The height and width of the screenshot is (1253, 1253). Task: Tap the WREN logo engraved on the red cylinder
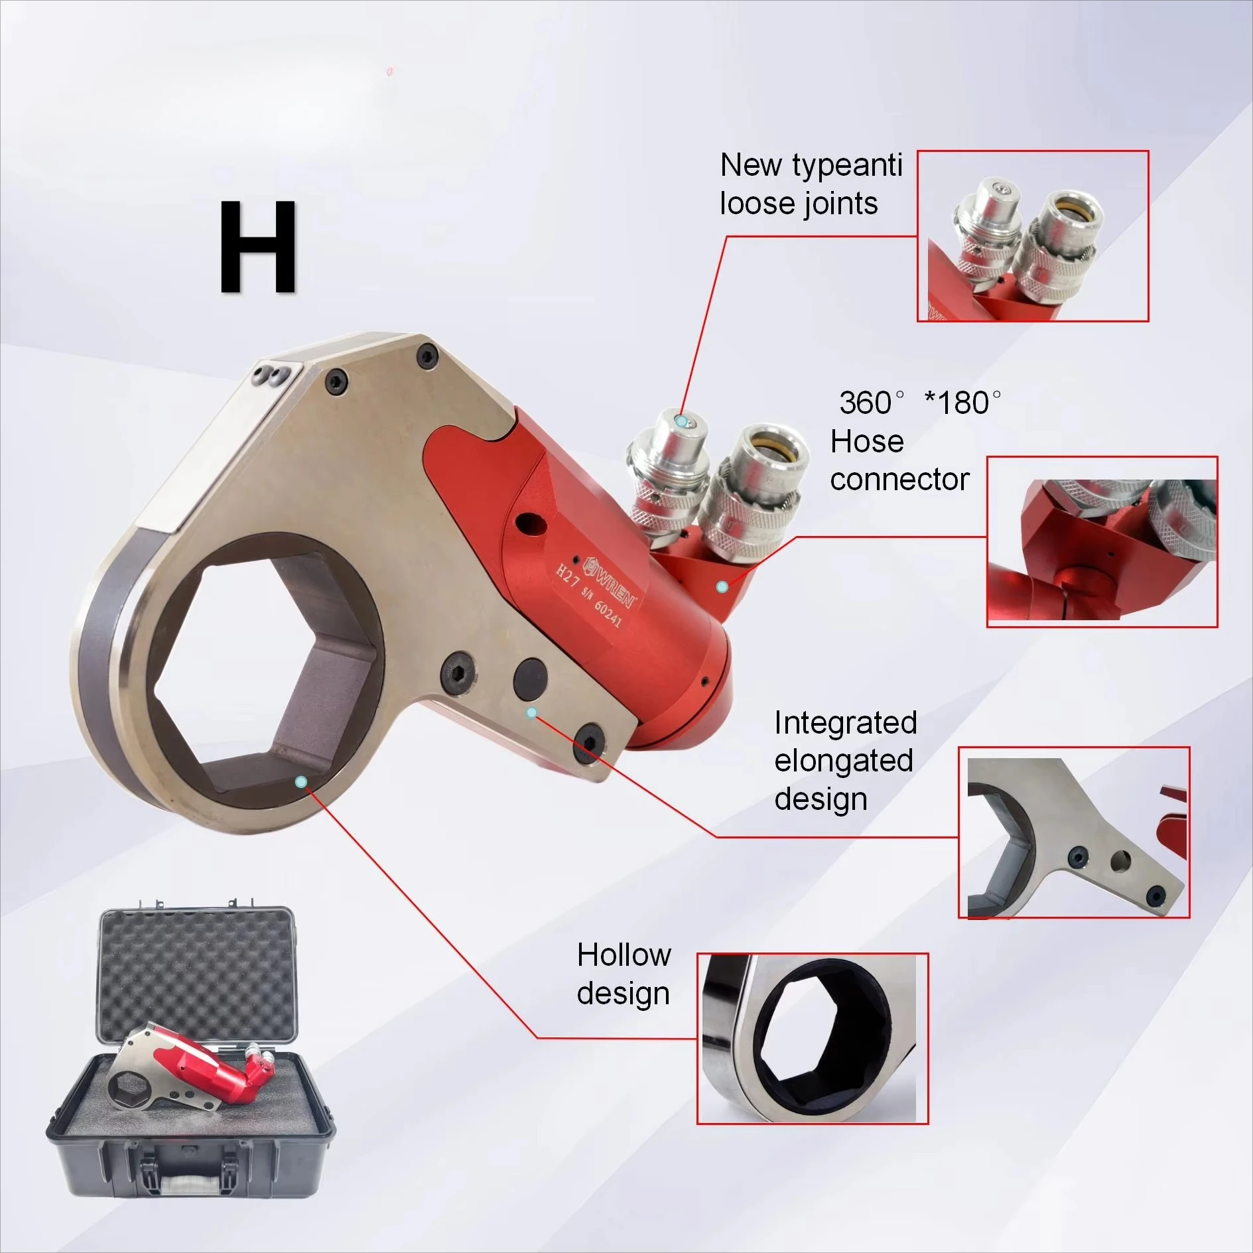click(610, 584)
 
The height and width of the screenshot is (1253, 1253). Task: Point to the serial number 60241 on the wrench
click(607, 614)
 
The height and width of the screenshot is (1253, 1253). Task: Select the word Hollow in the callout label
click(624, 955)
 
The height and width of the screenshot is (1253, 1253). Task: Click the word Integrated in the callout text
click(845, 722)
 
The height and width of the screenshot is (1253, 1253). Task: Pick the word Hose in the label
click(867, 441)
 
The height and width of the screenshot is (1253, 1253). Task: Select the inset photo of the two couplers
click(1033, 236)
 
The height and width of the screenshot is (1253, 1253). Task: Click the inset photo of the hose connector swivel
click(1102, 541)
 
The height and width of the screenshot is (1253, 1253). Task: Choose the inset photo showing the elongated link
click(1074, 832)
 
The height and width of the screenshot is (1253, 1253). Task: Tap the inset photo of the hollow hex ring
click(812, 1039)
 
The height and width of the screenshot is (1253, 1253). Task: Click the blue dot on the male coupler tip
click(681, 421)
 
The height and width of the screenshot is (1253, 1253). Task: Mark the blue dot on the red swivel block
click(723, 587)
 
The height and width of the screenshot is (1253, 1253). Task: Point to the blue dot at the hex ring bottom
click(300, 782)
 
